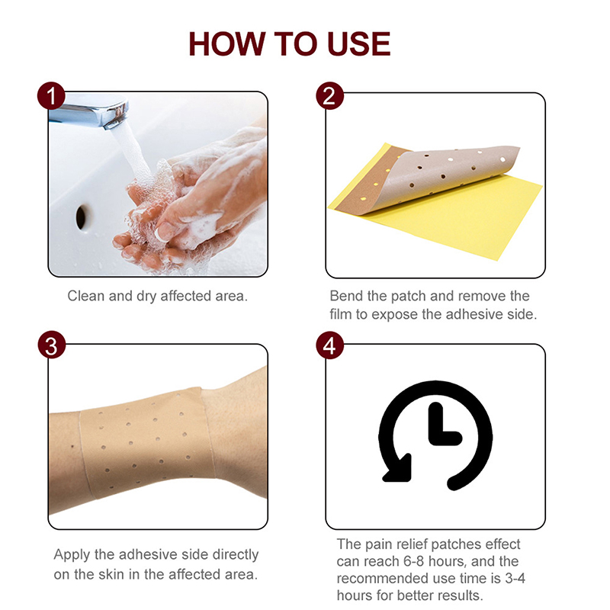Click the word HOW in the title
pyautogui.click(x=226, y=44)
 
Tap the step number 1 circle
pyautogui.click(x=51, y=96)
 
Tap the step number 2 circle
pyautogui.click(x=329, y=96)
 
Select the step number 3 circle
pyautogui.click(x=51, y=345)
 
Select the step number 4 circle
pyautogui.click(x=329, y=345)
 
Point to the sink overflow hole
pyautogui.click(x=82, y=217)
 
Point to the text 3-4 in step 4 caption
pyautogui.click(x=515, y=579)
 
